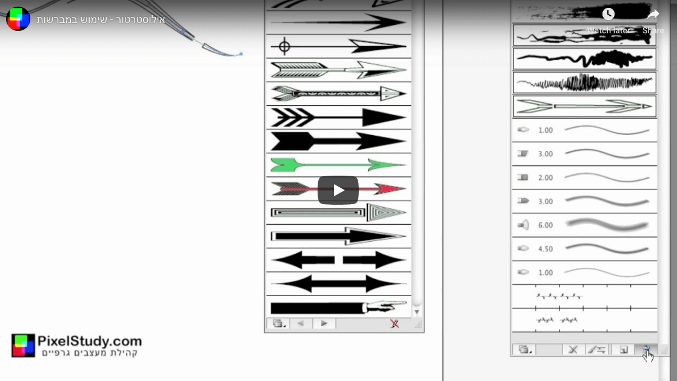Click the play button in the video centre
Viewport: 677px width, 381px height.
pyautogui.click(x=338, y=190)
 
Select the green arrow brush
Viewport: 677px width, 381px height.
pyautogui.click(x=338, y=165)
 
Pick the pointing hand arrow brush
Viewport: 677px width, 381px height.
pyautogui.click(x=338, y=306)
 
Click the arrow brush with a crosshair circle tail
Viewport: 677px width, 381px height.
pyautogui.click(x=338, y=46)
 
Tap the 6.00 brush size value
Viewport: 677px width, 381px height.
pyautogui.click(x=545, y=225)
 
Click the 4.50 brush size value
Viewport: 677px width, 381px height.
pyautogui.click(x=545, y=249)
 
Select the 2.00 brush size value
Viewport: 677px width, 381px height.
pyautogui.click(x=545, y=177)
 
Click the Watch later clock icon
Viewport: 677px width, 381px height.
pyautogui.click(x=609, y=14)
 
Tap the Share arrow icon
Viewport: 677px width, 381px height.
pyautogui.click(x=653, y=14)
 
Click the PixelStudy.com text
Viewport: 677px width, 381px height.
pyautogui.click(x=89, y=341)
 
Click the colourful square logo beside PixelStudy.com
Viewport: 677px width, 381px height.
pyautogui.click(x=23, y=345)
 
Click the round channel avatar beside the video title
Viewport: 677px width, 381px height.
pyautogui.click(x=18, y=19)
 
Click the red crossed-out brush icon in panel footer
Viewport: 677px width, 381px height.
pyautogui.click(x=395, y=323)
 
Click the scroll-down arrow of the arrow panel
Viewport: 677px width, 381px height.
pyautogui.click(x=416, y=311)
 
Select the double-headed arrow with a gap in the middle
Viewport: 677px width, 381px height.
pyautogui.click(x=338, y=260)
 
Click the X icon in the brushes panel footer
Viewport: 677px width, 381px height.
pyautogui.click(x=573, y=350)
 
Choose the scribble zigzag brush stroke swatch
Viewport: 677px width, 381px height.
pyautogui.click(x=585, y=82)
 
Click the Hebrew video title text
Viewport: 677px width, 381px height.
pyautogui.click(x=101, y=20)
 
